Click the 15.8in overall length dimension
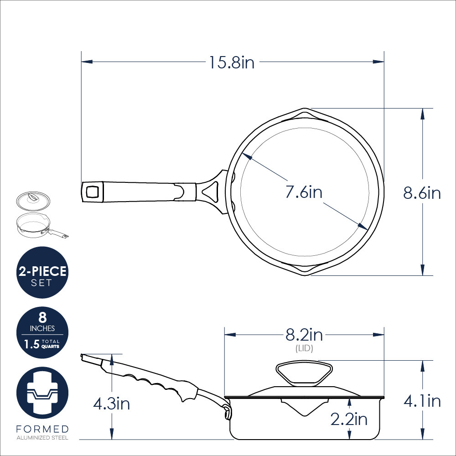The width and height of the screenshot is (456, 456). (x=232, y=62)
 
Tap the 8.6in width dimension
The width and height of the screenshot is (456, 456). (x=422, y=193)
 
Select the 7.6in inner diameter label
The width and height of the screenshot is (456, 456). (x=304, y=192)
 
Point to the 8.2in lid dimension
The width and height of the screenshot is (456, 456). (x=304, y=335)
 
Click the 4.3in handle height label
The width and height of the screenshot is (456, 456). (x=111, y=404)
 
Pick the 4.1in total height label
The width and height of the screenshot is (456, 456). (x=422, y=401)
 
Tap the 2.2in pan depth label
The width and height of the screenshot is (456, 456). (x=349, y=419)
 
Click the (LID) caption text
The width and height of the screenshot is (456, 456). (x=304, y=348)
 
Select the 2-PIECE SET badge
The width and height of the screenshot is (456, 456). (x=42, y=272)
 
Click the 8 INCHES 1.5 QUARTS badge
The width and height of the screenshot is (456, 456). (x=42, y=332)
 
